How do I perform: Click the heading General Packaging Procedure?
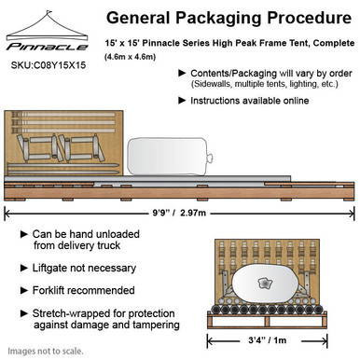[228, 18]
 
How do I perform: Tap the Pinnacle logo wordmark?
[48, 47]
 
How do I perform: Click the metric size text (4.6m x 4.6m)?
[130, 57]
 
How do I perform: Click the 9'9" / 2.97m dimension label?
[179, 213]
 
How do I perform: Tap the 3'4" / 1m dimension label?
[268, 340]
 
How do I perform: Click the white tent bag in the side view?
[170, 156]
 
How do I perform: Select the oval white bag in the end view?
[265, 284]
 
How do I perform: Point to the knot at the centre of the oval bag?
[265, 284]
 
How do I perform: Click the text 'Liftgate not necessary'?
[84, 268]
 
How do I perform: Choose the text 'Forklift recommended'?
[84, 290]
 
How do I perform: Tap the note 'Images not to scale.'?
[46, 352]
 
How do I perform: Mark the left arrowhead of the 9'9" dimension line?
[7, 214]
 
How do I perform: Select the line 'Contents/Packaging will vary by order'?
[271, 74]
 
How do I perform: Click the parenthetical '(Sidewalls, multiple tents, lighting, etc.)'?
[265, 84]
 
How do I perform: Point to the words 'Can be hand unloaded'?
[86, 234]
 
